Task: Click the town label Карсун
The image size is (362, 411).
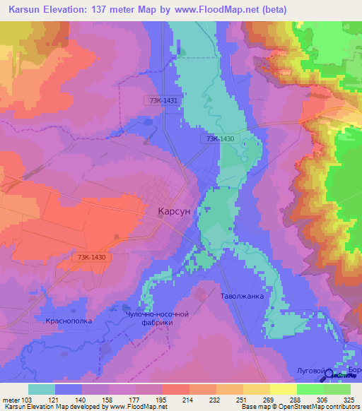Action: coord(173,210)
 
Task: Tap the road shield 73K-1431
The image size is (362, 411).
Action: coord(163,101)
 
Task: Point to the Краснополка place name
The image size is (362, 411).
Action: coord(70,321)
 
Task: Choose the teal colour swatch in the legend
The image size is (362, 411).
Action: coord(42,389)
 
